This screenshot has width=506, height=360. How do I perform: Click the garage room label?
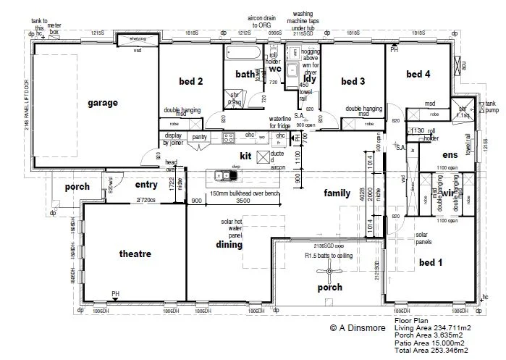[103, 103]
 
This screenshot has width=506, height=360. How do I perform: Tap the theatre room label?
[135, 254]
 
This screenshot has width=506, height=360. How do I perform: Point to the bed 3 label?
[353, 80]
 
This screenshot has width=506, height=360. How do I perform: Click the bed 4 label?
[418, 74]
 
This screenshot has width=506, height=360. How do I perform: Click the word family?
[337, 193]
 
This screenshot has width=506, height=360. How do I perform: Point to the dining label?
[229, 245]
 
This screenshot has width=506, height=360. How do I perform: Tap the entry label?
[146, 185]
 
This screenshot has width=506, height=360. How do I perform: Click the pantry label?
[200, 136]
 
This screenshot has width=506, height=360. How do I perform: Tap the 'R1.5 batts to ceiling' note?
[330, 256]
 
